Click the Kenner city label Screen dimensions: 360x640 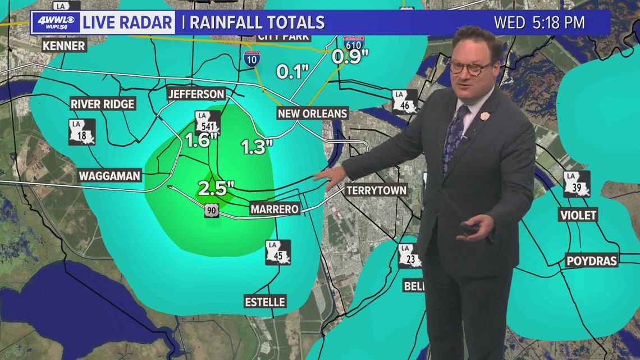(x=64, y=45)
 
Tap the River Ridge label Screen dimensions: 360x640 (x=102, y=104)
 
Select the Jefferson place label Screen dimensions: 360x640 (x=196, y=94)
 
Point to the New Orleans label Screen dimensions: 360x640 (x=313, y=113)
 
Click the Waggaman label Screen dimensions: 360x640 (x=109, y=176)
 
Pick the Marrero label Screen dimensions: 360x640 (x=274, y=209)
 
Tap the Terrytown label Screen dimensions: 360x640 (x=376, y=190)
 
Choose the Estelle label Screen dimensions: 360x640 (x=265, y=302)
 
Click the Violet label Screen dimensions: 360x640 (x=578, y=215)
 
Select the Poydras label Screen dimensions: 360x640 (x=592, y=261)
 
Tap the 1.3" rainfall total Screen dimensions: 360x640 (x=257, y=147)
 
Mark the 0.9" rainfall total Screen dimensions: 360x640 (x=350, y=56)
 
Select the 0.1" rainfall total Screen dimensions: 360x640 (x=292, y=72)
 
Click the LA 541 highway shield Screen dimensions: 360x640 (x=207, y=121)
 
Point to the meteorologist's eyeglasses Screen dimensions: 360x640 (x=470, y=67)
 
